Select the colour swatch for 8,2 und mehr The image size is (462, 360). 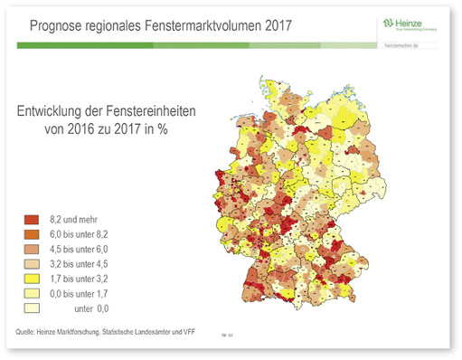[x=30, y=220]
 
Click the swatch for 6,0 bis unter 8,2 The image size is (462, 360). [x=30, y=233]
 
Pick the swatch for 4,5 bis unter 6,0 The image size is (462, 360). [x=30, y=247]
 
